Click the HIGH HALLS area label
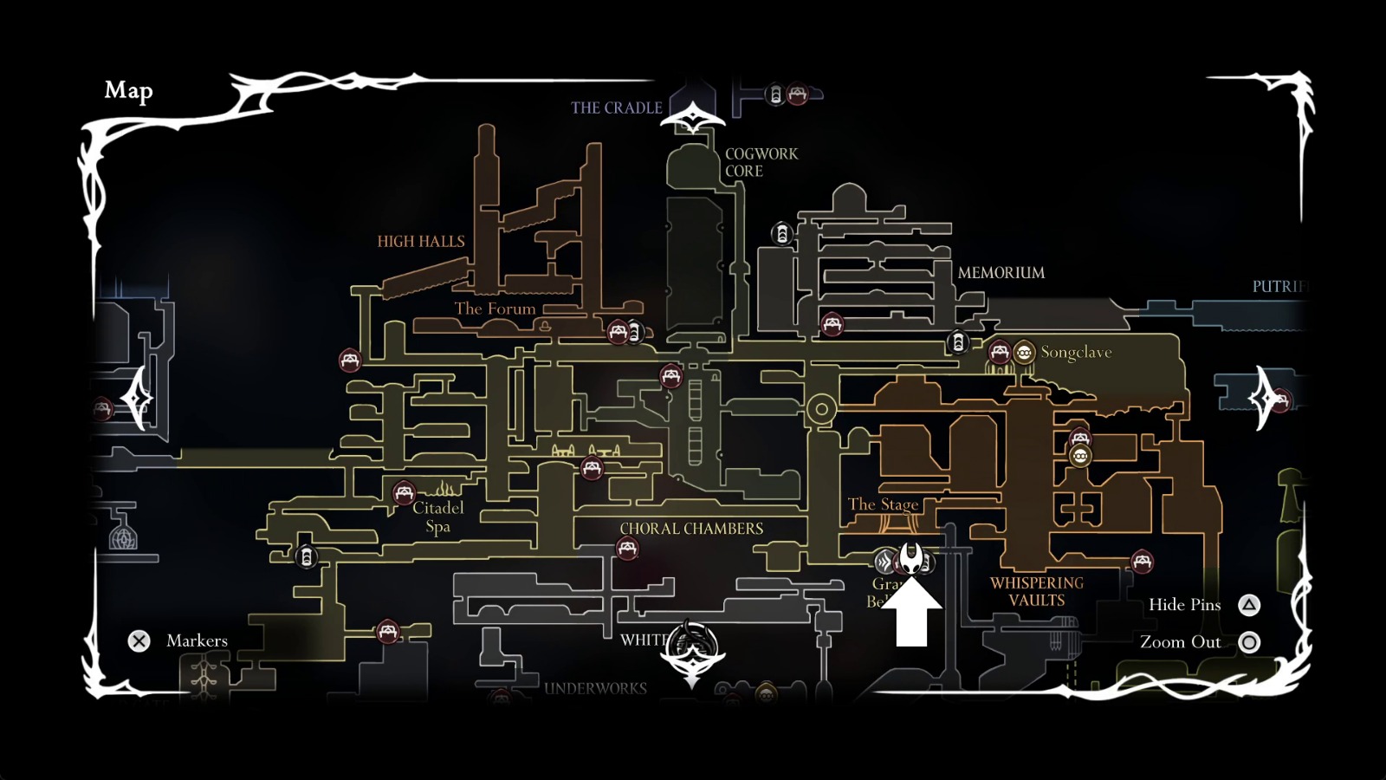pyautogui.click(x=421, y=242)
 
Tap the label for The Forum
pyautogui.click(x=495, y=309)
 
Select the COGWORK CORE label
pyautogui.click(x=761, y=163)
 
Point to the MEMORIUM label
pyautogui.click(x=1001, y=273)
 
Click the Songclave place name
pyautogui.click(x=1076, y=352)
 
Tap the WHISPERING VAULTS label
pyautogui.click(x=1037, y=592)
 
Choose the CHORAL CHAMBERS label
pyautogui.click(x=691, y=529)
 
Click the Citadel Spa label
pyautogui.click(x=437, y=517)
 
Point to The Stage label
pyautogui.click(x=883, y=504)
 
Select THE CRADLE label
pyautogui.click(x=616, y=108)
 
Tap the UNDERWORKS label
pyautogui.click(x=595, y=689)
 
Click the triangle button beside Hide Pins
pyautogui.click(x=1248, y=605)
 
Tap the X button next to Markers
pyautogui.click(x=139, y=641)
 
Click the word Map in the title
pyautogui.click(x=128, y=90)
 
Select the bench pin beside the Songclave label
pyautogui.click(x=999, y=352)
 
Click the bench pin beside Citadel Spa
pyautogui.click(x=404, y=493)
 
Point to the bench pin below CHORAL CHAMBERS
pyautogui.click(x=627, y=549)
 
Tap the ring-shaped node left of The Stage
pyautogui.click(x=821, y=408)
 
